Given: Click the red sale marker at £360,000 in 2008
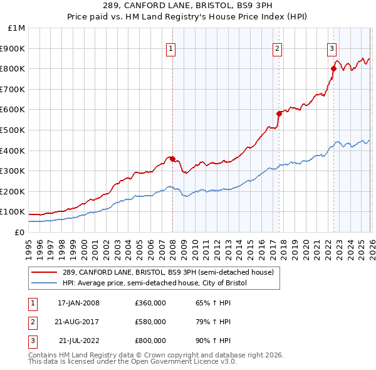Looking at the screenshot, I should click(x=172, y=159).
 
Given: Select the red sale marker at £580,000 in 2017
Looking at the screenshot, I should click(x=279, y=114).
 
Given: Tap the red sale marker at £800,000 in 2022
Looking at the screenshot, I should click(x=333, y=69).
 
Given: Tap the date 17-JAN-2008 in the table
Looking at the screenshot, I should click(x=78, y=303).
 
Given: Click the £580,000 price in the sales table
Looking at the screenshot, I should click(x=150, y=322).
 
